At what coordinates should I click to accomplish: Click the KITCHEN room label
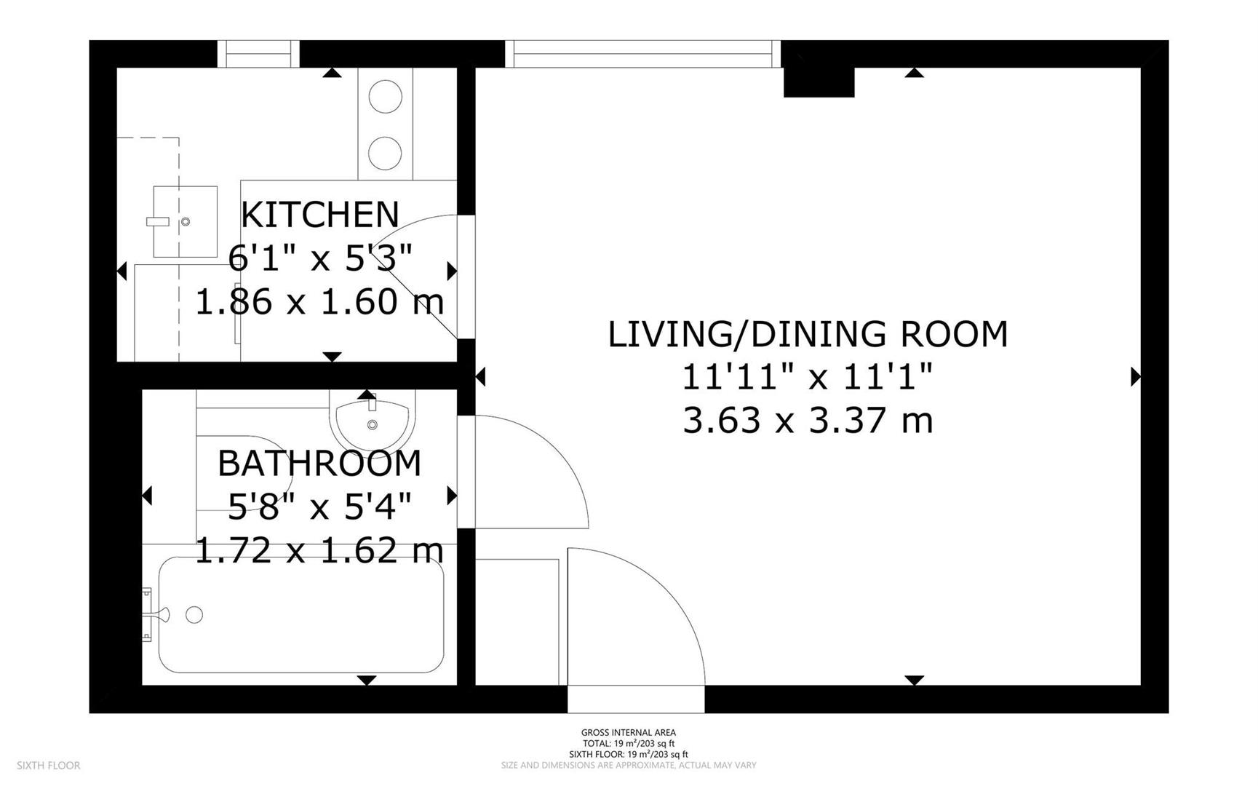pos(320,215)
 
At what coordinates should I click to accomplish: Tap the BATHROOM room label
pos(319,464)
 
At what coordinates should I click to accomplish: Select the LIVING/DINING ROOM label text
pos(808,335)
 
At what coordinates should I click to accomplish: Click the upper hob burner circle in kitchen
pos(385,97)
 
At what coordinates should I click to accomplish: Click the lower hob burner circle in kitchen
pos(385,152)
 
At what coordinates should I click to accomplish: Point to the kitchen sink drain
pos(186,221)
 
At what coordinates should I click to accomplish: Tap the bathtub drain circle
pos(194,615)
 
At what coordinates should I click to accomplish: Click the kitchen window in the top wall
pos(258,54)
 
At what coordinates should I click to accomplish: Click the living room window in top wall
pos(643,54)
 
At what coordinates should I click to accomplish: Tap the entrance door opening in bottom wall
pos(636,699)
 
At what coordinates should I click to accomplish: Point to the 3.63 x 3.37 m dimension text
pos(808,421)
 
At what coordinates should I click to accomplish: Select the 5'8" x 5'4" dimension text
pos(319,507)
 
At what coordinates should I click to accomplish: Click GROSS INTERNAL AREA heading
pos(628,733)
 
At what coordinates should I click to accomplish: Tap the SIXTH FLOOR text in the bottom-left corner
pos(48,766)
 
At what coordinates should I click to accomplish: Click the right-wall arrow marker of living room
pos(1135,377)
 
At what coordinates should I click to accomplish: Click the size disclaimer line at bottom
pos(628,766)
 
